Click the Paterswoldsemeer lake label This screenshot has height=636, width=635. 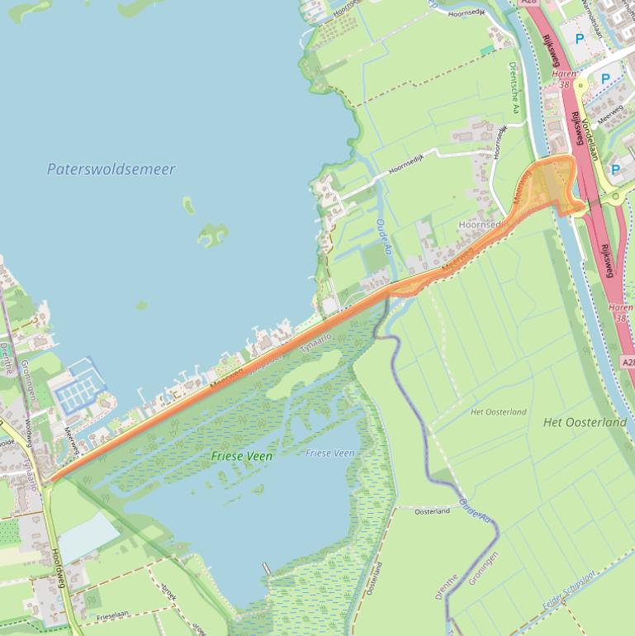click(x=111, y=169)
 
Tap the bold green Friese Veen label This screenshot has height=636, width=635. click(x=241, y=455)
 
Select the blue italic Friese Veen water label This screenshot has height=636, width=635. click(x=329, y=453)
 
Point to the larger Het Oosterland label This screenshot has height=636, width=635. click(x=585, y=422)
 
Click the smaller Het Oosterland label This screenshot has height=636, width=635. click(x=497, y=411)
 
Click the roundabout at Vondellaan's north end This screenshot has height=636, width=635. click(x=581, y=84)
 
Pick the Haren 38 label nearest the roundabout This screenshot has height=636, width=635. click(x=564, y=78)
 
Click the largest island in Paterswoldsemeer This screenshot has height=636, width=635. click(x=212, y=235)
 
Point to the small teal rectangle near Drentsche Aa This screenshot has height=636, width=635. click(x=487, y=50)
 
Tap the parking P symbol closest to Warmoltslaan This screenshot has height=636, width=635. click(x=580, y=39)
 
